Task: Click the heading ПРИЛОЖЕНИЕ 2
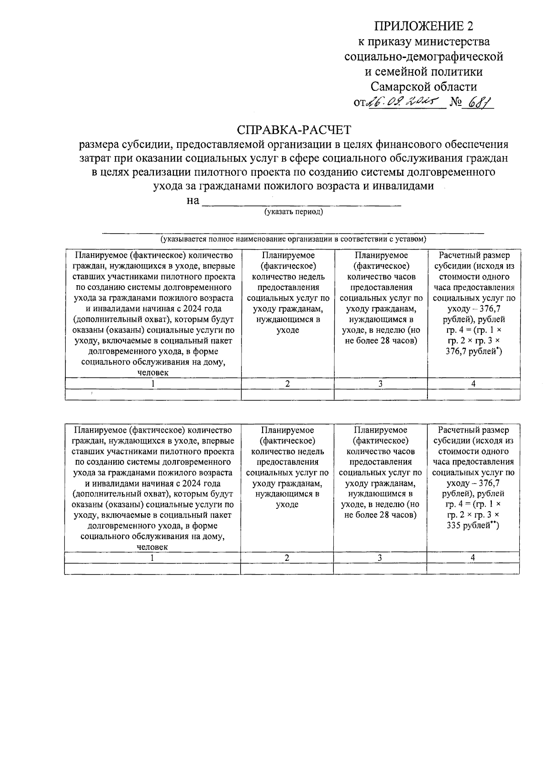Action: pos(423,26)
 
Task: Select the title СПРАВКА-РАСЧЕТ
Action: pos(294,130)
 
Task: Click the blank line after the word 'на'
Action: pos(301,202)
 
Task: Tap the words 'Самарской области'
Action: pos(423,87)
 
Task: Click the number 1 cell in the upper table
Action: pos(153,384)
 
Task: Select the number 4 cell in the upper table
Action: pos(473,384)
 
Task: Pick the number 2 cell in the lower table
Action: pos(287,558)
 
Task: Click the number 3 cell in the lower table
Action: pos(379,558)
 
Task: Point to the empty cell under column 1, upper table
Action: pos(153,395)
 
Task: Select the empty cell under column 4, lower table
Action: pos(473,569)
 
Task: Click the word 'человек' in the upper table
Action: pos(153,373)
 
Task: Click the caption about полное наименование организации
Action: pos(293,239)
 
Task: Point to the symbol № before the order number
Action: pos(455,103)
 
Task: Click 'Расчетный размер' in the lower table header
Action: pos(473,430)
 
